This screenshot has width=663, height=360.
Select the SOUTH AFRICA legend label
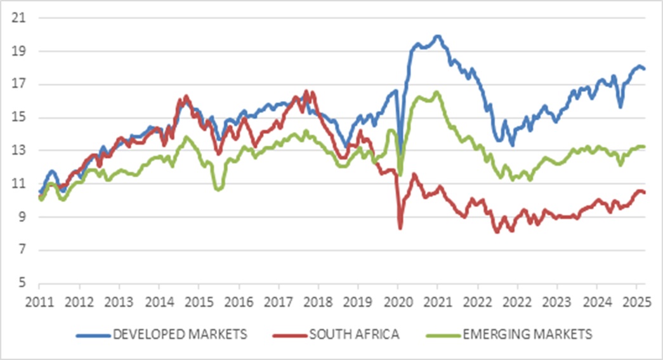click(355, 334)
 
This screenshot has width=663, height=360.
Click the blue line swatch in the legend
click(91, 334)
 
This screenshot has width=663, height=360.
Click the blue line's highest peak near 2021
click(438, 36)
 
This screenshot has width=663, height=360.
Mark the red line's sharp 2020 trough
click(400, 228)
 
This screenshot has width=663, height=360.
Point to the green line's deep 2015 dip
click(218, 189)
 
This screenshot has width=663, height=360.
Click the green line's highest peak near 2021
click(437, 93)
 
